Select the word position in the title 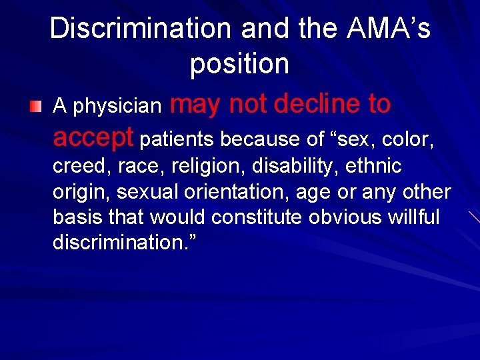pos(239,63)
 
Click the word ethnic pos(373,165)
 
